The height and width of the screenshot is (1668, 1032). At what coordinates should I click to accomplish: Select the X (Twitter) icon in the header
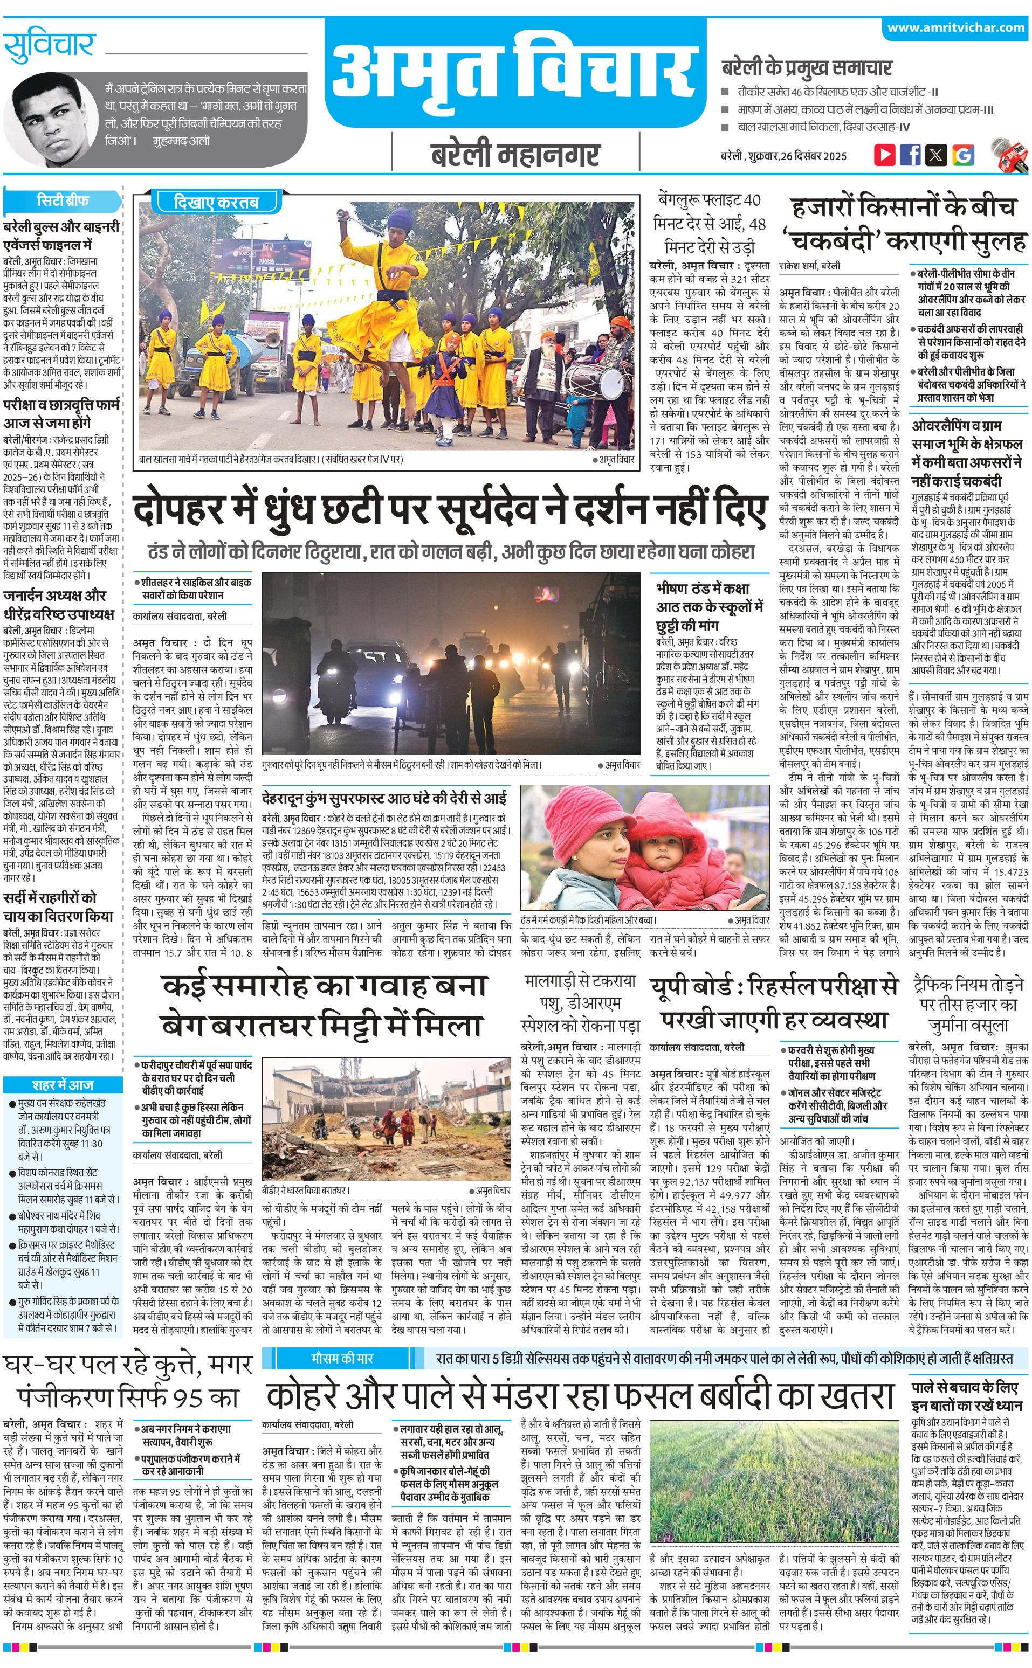[x=936, y=155]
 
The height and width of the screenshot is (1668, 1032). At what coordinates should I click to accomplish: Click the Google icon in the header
[x=962, y=155]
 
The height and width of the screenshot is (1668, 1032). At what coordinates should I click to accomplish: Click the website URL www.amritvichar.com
[x=955, y=28]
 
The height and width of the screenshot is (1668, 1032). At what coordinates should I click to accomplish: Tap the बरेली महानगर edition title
[x=515, y=155]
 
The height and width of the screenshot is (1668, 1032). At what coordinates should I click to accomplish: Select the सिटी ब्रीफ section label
[x=62, y=200]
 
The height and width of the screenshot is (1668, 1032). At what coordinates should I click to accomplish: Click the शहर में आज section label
[x=62, y=1085]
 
